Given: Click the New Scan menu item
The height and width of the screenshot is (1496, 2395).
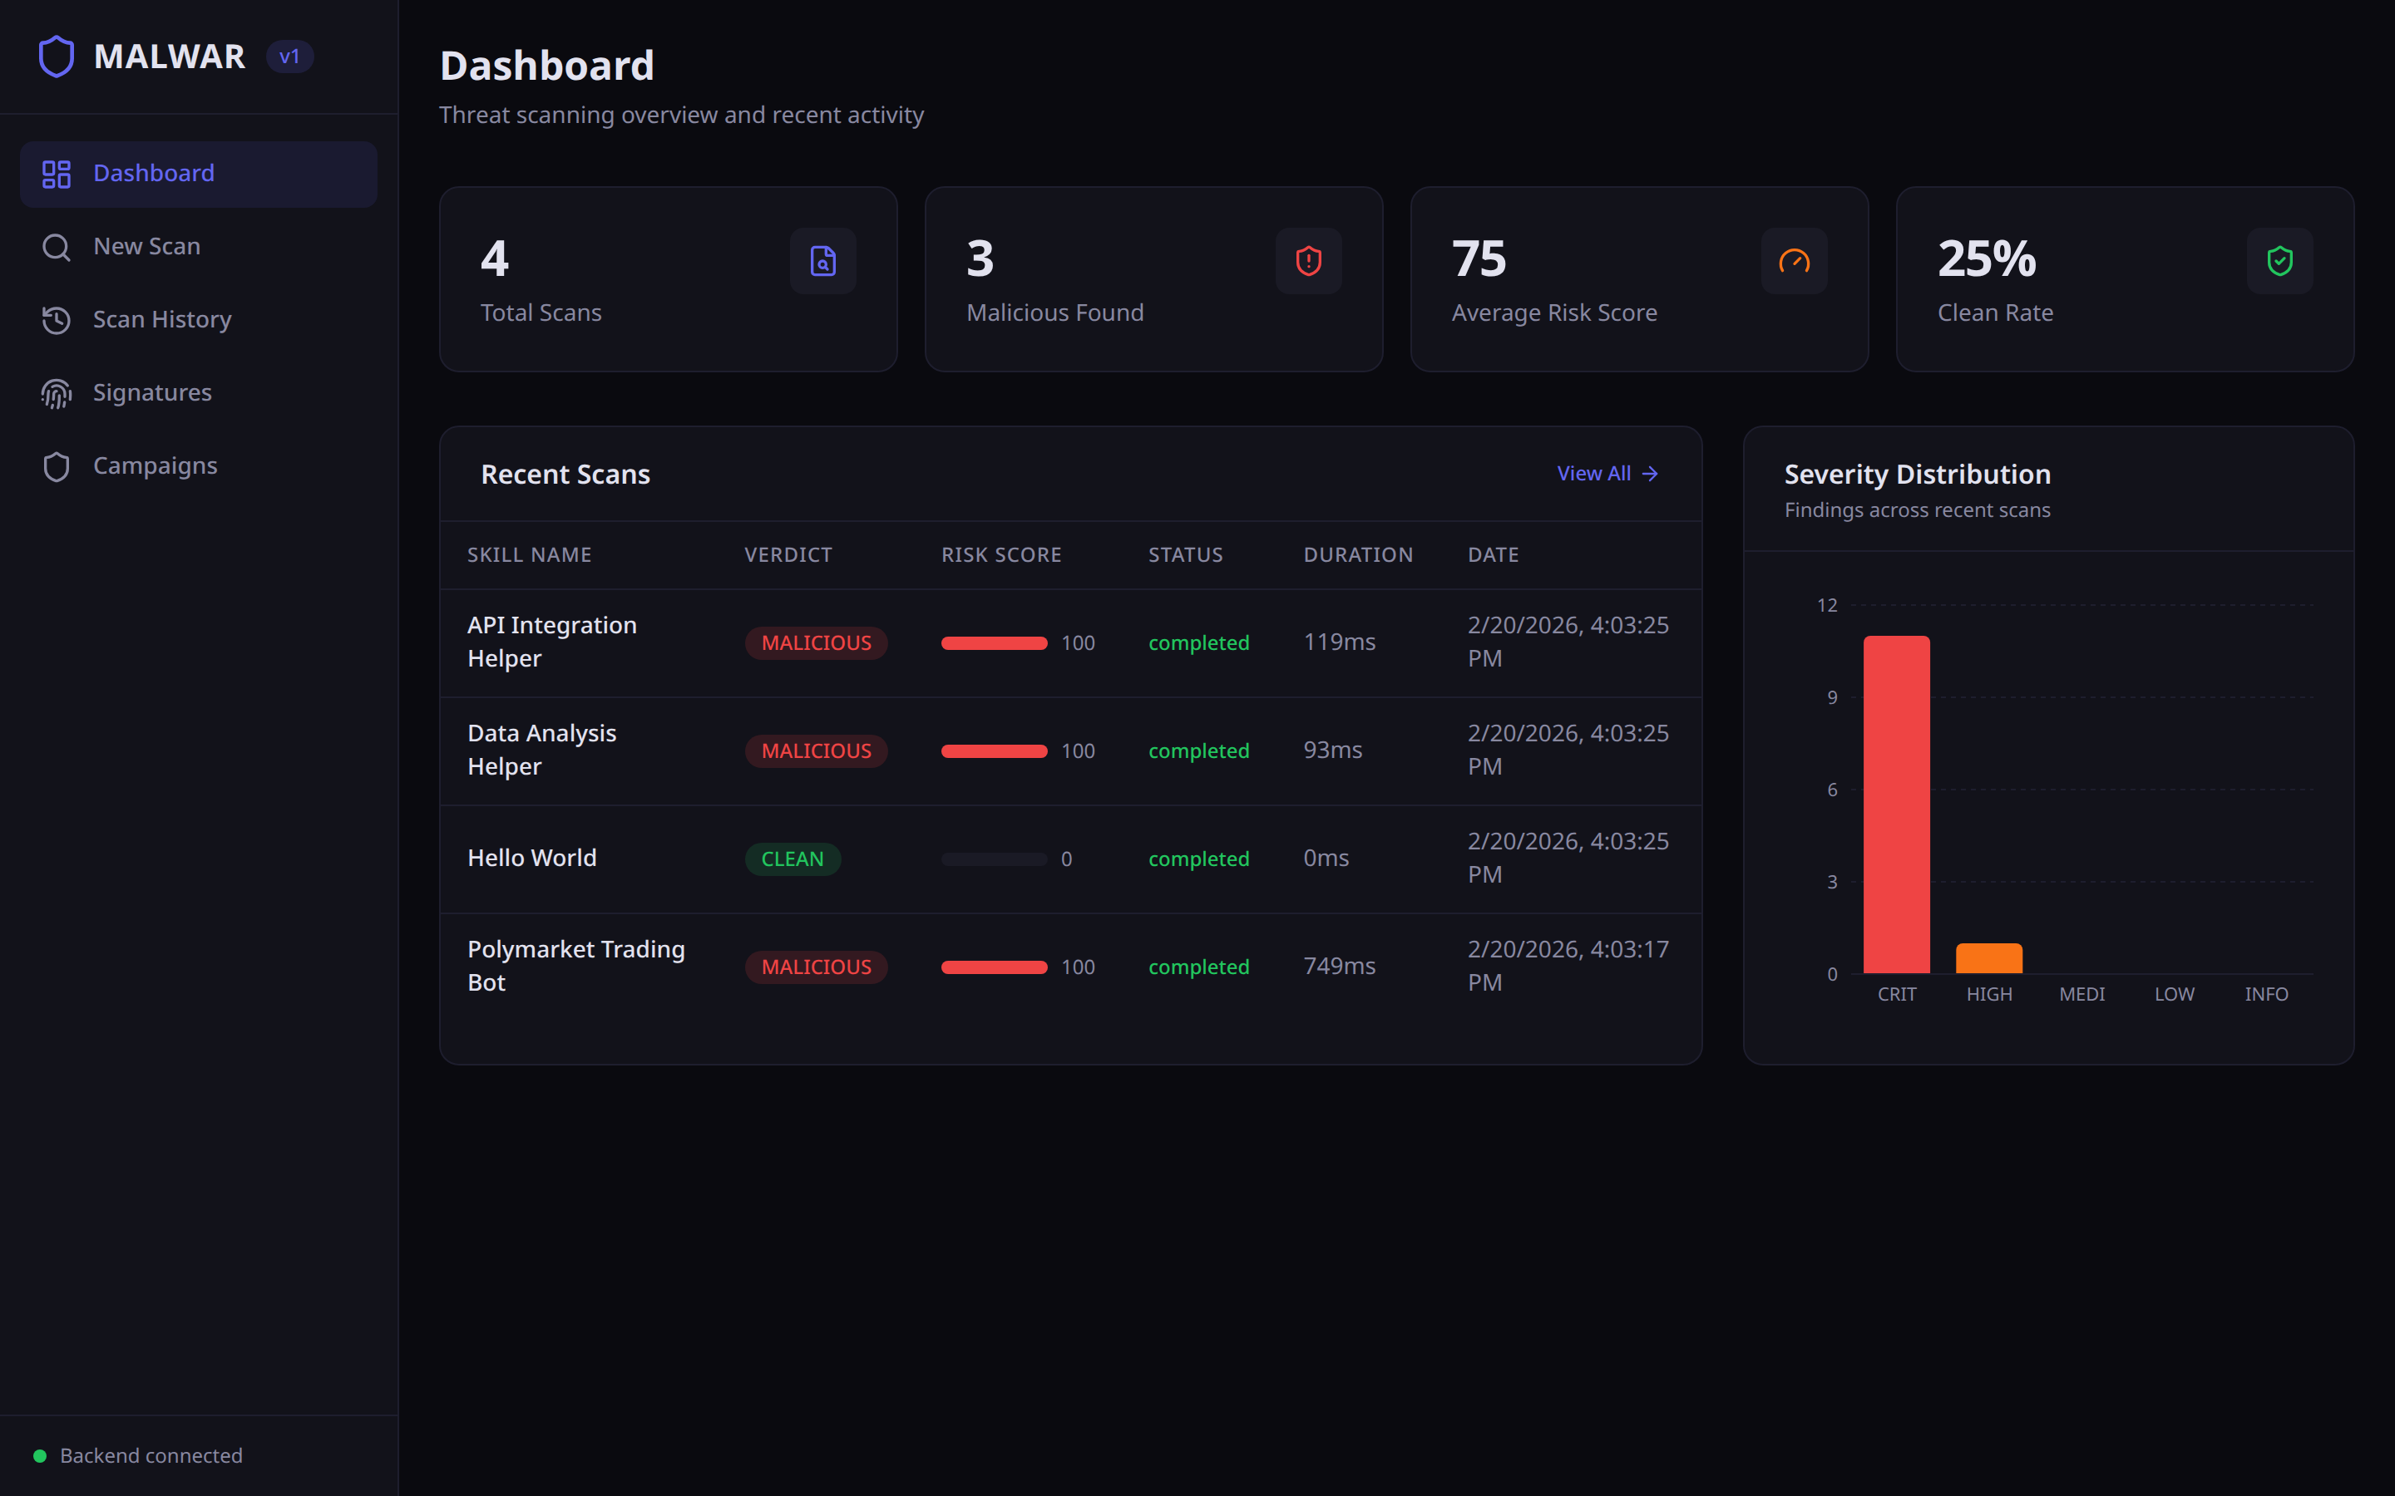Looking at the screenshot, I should (x=146, y=246).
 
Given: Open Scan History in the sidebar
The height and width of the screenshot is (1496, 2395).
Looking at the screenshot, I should (x=161, y=320).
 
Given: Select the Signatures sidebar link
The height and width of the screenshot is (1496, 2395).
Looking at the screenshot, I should (x=151, y=393).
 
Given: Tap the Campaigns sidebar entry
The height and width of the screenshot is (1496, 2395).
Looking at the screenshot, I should (x=155, y=466).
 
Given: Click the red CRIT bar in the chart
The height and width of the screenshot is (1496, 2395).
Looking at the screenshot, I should (x=1896, y=804).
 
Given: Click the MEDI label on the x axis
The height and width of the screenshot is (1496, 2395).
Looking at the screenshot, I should (x=2081, y=994).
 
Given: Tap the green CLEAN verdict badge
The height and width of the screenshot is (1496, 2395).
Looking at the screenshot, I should (x=792, y=859).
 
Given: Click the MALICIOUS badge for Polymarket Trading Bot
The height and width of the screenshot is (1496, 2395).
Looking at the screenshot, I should (x=816, y=967).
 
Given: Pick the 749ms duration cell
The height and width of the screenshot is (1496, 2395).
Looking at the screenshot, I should (x=1338, y=967).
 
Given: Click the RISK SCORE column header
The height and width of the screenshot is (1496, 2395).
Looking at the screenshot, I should (x=1000, y=555).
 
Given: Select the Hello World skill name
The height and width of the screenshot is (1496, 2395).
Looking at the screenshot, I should (x=531, y=858).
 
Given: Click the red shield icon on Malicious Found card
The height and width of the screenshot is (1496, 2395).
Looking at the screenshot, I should (x=1308, y=261).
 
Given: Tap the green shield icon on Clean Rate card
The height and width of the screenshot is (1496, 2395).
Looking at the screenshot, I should (x=2279, y=261).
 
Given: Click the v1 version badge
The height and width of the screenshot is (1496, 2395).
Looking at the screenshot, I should (x=289, y=57).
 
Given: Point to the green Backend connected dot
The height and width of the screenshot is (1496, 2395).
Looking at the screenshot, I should (x=40, y=1455).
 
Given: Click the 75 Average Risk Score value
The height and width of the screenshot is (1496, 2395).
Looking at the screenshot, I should (x=1479, y=259).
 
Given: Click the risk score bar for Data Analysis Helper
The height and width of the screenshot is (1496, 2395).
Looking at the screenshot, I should (x=994, y=751).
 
